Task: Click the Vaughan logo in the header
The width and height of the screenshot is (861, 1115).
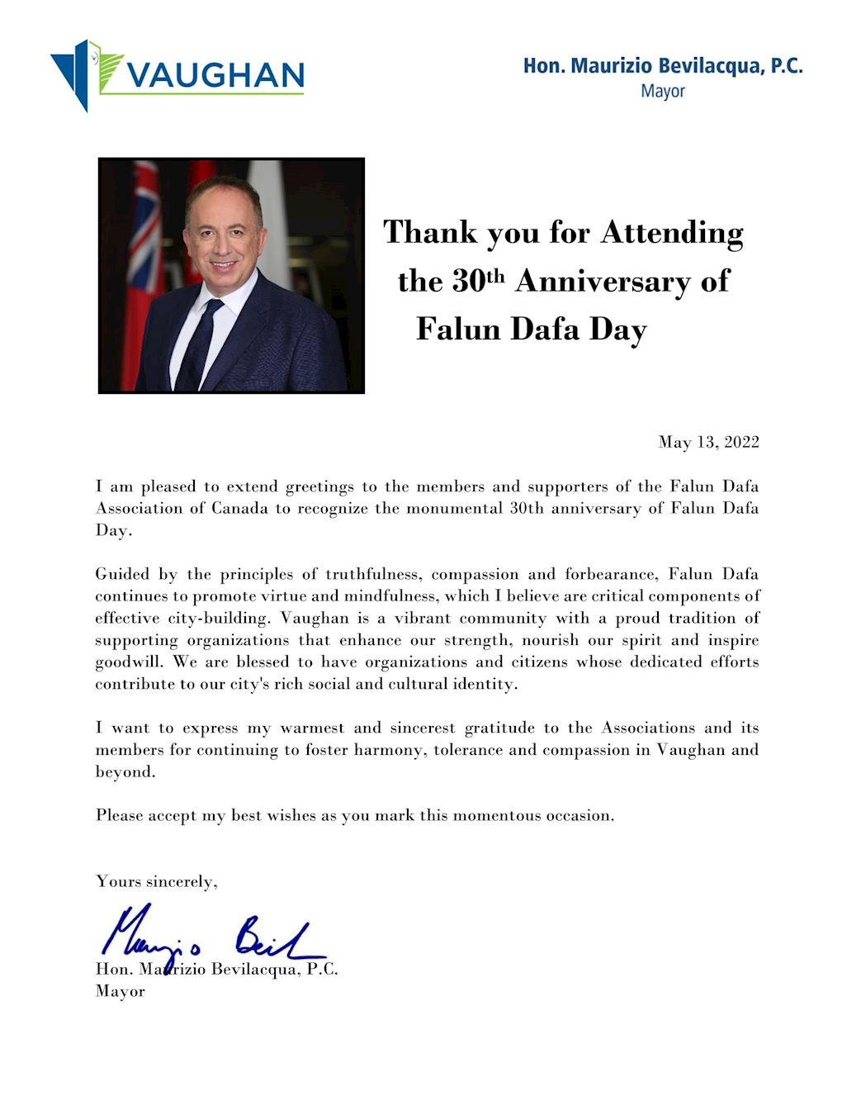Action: pyautogui.click(x=177, y=74)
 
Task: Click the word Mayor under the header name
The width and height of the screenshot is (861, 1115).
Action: pyautogui.click(x=663, y=91)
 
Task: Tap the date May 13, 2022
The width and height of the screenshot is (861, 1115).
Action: pyautogui.click(x=708, y=442)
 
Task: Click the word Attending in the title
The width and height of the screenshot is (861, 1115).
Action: pyautogui.click(x=672, y=233)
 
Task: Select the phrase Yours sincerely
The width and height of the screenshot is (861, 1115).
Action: pyautogui.click(x=157, y=881)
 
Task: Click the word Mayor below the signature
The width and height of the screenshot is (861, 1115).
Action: pyautogui.click(x=121, y=991)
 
